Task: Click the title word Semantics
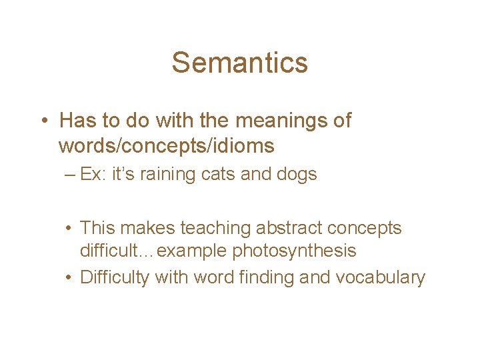tap(239, 63)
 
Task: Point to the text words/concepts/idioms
tap(166, 145)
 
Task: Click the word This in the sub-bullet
tap(99, 228)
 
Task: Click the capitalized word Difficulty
tap(115, 277)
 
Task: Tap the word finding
tap(261, 277)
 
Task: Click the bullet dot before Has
tap(42, 121)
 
